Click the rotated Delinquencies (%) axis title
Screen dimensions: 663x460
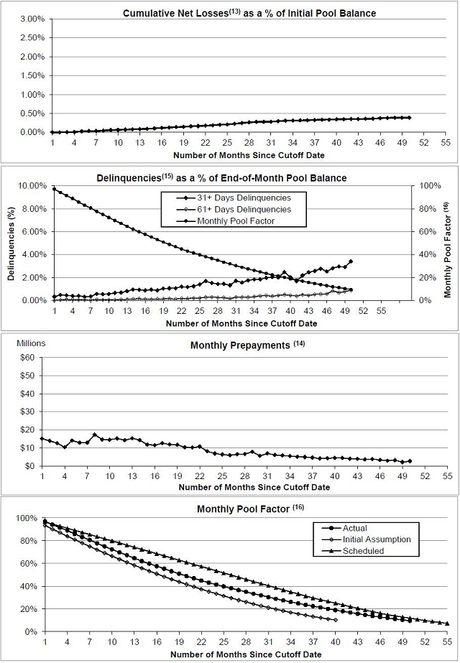pyautogui.click(x=11, y=243)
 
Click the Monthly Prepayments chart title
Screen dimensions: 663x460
pyautogui.click(x=239, y=346)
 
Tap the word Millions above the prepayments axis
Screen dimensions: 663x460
pyautogui.click(x=31, y=343)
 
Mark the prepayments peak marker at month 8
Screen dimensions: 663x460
pyautogui.click(x=95, y=435)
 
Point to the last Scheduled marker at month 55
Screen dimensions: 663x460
pyautogui.click(x=447, y=623)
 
